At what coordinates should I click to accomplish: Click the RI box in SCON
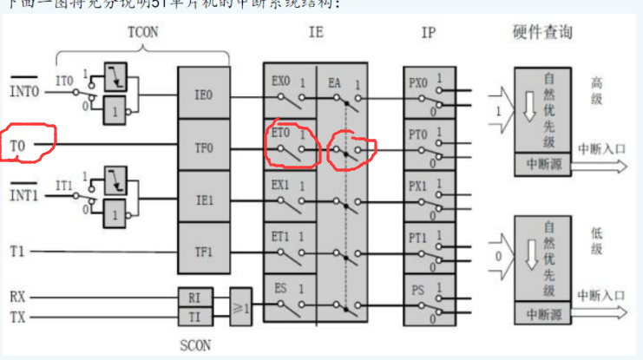click(x=194, y=298)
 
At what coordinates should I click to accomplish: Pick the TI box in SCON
click(x=194, y=317)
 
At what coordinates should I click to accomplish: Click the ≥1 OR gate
click(x=240, y=306)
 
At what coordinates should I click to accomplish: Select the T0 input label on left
click(x=18, y=145)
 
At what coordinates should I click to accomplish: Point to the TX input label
click(x=18, y=317)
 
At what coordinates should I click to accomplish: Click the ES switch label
click(x=280, y=287)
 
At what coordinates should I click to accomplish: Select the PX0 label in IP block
click(x=418, y=82)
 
